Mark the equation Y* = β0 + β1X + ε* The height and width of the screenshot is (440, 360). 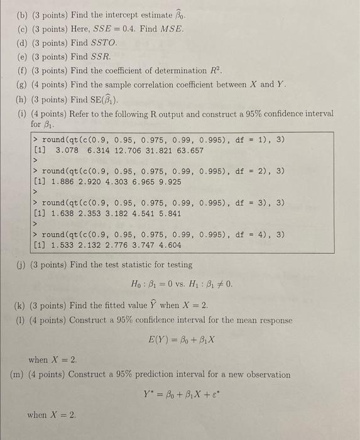pos(182,396)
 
